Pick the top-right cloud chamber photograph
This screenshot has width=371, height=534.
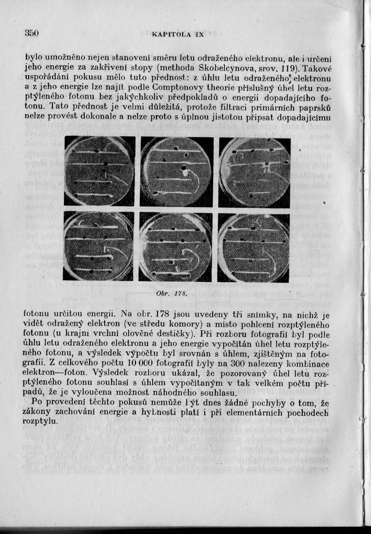coord(255,172)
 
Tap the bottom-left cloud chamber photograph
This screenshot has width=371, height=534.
coord(99,246)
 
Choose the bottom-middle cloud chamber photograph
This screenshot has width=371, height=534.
coord(176,246)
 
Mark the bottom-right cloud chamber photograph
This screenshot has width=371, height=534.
coord(255,246)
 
